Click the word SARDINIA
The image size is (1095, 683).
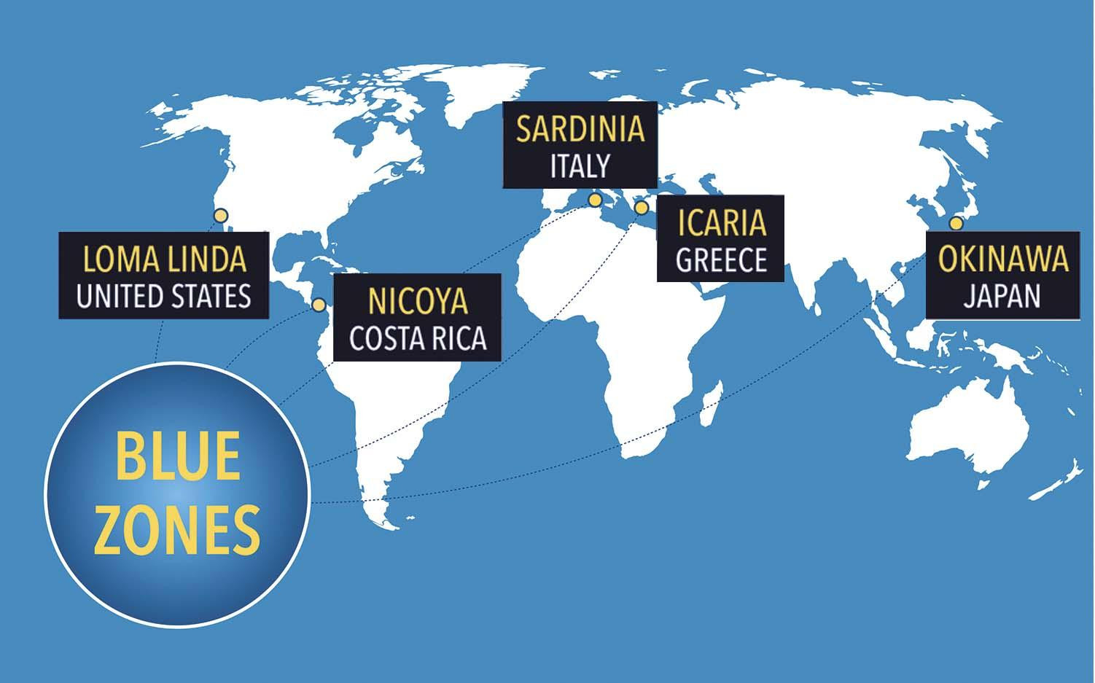(580, 128)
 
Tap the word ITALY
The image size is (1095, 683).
(580, 166)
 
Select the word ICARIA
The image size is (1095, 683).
(721, 222)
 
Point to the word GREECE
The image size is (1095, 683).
(721, 260)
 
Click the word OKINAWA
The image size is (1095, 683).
(1002, 259)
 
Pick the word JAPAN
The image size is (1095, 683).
(1002, 297)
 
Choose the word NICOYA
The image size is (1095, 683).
(417, 301)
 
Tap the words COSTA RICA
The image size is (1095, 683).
(417, 338)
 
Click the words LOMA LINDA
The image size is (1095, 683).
(164, 259)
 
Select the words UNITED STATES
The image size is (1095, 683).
(164, 297)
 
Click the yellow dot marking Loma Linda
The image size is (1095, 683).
(220, 216)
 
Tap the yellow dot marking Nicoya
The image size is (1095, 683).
(319, 305)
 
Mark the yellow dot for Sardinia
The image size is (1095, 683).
(596, 200)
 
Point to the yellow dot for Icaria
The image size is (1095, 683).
(642, 208)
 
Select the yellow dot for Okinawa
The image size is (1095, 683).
(956, 223)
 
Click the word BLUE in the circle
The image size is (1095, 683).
(177, 458)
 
